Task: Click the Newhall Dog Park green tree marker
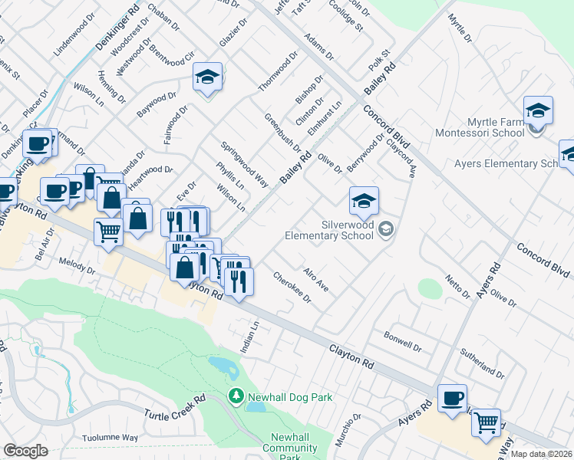[x=236, y=396]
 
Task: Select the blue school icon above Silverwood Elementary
[x=364, y=202]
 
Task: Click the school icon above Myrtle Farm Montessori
[x=538, y=112]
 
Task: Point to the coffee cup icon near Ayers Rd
[x=452, y=399]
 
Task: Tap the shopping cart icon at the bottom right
[x=486, y=423]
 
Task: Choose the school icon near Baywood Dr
[x=207, y=78]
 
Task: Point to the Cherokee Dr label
[x=292, y=287]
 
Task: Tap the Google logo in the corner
[x=25, y=451]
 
